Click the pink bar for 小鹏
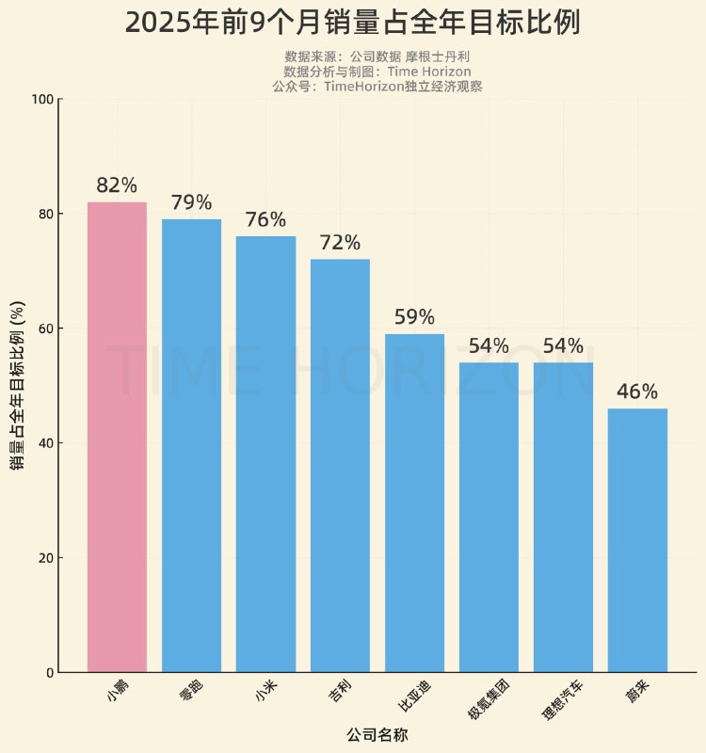[117, 437]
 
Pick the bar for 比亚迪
[414, 503]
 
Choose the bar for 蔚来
[637, 540]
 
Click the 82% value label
[117, 185]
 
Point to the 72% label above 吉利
[340, 243]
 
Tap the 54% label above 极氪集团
[489, 346]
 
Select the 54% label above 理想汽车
[563, 346]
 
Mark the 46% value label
[637, 392]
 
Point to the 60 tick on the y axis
[44, 328]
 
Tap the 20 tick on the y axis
[44, 558]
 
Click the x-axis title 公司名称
[377, 734]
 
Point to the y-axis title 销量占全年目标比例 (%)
[18, 386]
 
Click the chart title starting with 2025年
[352, 23]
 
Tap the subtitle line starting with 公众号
[377, 86]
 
